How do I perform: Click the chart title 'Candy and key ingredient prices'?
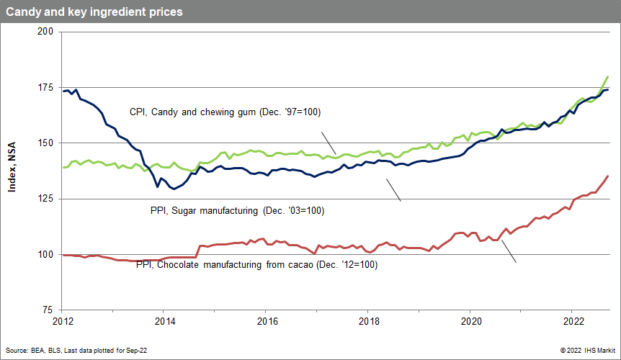click(x=94, y=12)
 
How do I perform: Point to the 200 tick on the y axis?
click(x=44, y=32)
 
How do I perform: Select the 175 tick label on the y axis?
click(x=44, y=87)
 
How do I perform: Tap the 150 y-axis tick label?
click(x=44, y=143)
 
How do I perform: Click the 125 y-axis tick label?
click(x=44, y=199)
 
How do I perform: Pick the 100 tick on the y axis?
click(x=44, y=254)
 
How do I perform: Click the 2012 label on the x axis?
click(x=62, y=321)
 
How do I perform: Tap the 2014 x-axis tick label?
click(x=164, y=321)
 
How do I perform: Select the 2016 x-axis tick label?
click(x=267, y=321)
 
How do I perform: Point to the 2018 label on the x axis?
click(x=369, y=321)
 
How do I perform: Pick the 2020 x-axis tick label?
click(x=471, y=321)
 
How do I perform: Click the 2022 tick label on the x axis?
click(x=573, y=321)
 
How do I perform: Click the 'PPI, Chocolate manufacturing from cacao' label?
click(x=257, y=265)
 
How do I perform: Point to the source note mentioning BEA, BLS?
click(x=76, y=349)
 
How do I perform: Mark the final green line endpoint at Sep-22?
click(x=608, y=76)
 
